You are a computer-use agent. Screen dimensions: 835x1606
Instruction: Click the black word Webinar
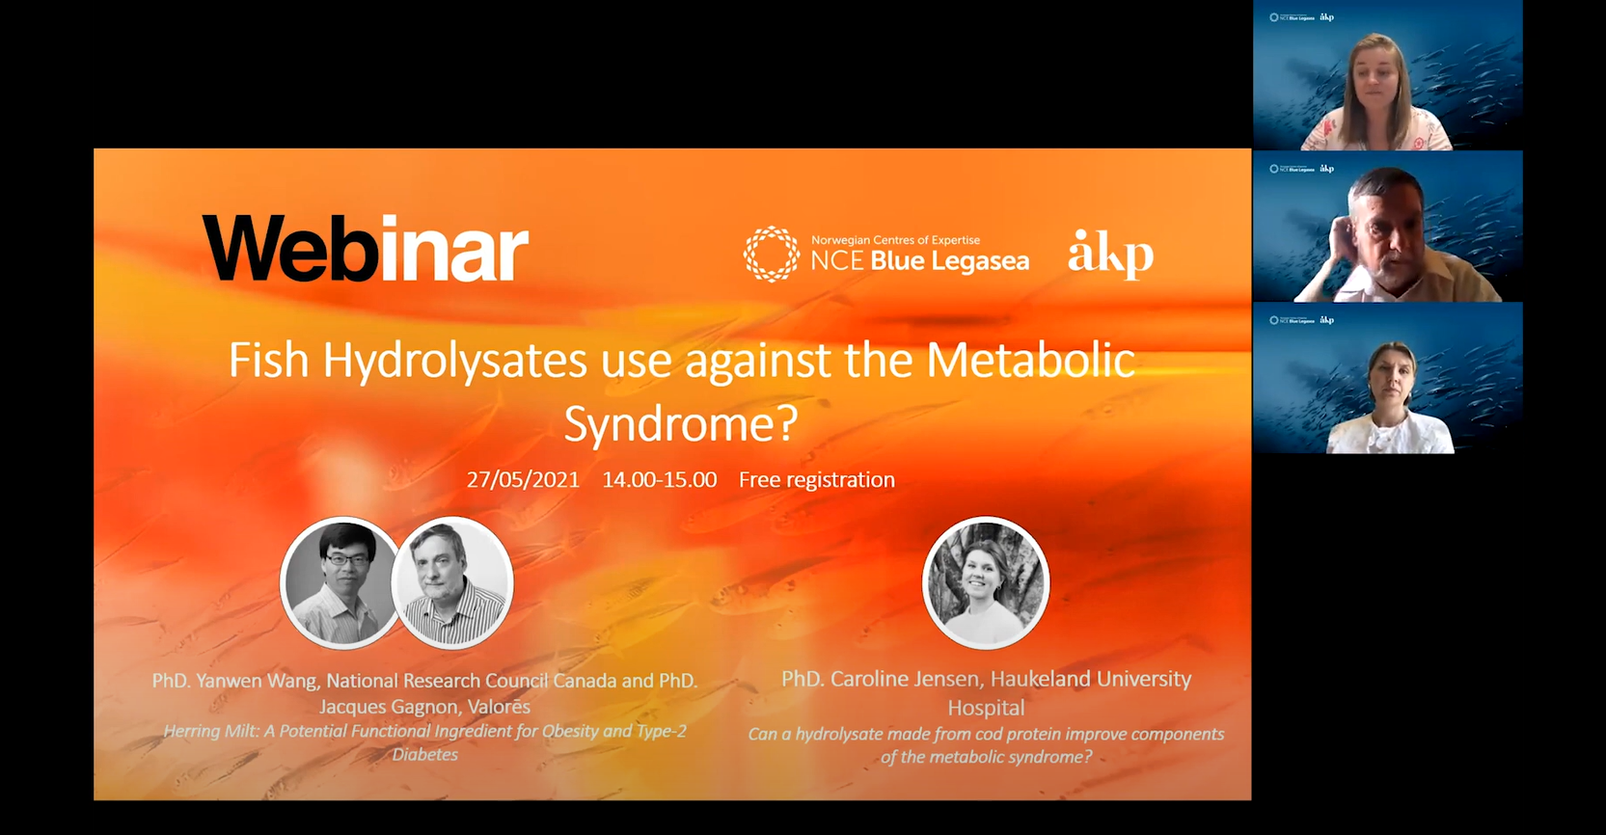pyautogui.click(x=365, y=249)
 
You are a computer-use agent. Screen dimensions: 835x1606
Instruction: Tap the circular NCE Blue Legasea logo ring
pyautogui.click(x=771, y=254)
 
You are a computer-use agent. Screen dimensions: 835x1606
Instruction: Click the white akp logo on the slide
pyautogui.click(x=1110, y=255)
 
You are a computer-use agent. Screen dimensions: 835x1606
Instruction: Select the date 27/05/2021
pyautogui.click(x=523, y=480)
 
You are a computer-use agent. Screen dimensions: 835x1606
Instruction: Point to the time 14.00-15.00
pyautogui.click(x=659, y=480)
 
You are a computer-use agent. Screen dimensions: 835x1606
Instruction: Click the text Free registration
pyautogui.click(x=816, y=480)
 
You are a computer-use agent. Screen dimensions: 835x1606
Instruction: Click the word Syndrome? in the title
pyautogui.click(x=681, y=423)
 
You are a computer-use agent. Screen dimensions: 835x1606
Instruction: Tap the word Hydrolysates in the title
pyautogui.click(x=454, y=361)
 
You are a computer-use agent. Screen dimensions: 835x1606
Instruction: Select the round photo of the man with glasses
pyautogui.click(x=340, y=582)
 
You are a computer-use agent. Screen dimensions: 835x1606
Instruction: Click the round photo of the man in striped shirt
pyautogui.click(x=452, y=582)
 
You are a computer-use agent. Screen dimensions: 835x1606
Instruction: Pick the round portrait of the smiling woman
pyautogui.click(x=985, y=582)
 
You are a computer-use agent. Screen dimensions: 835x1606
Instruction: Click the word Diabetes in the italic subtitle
pyautogui.click(x=424, y=755)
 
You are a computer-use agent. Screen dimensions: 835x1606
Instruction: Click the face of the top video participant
pyautogui.click(x=1377, y=73)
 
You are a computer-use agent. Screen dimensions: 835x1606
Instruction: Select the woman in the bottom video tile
pyautogui.click(x=1390, y=386)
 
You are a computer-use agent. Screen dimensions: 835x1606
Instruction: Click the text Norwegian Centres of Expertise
pyautogui.click(x=895, y=240)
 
